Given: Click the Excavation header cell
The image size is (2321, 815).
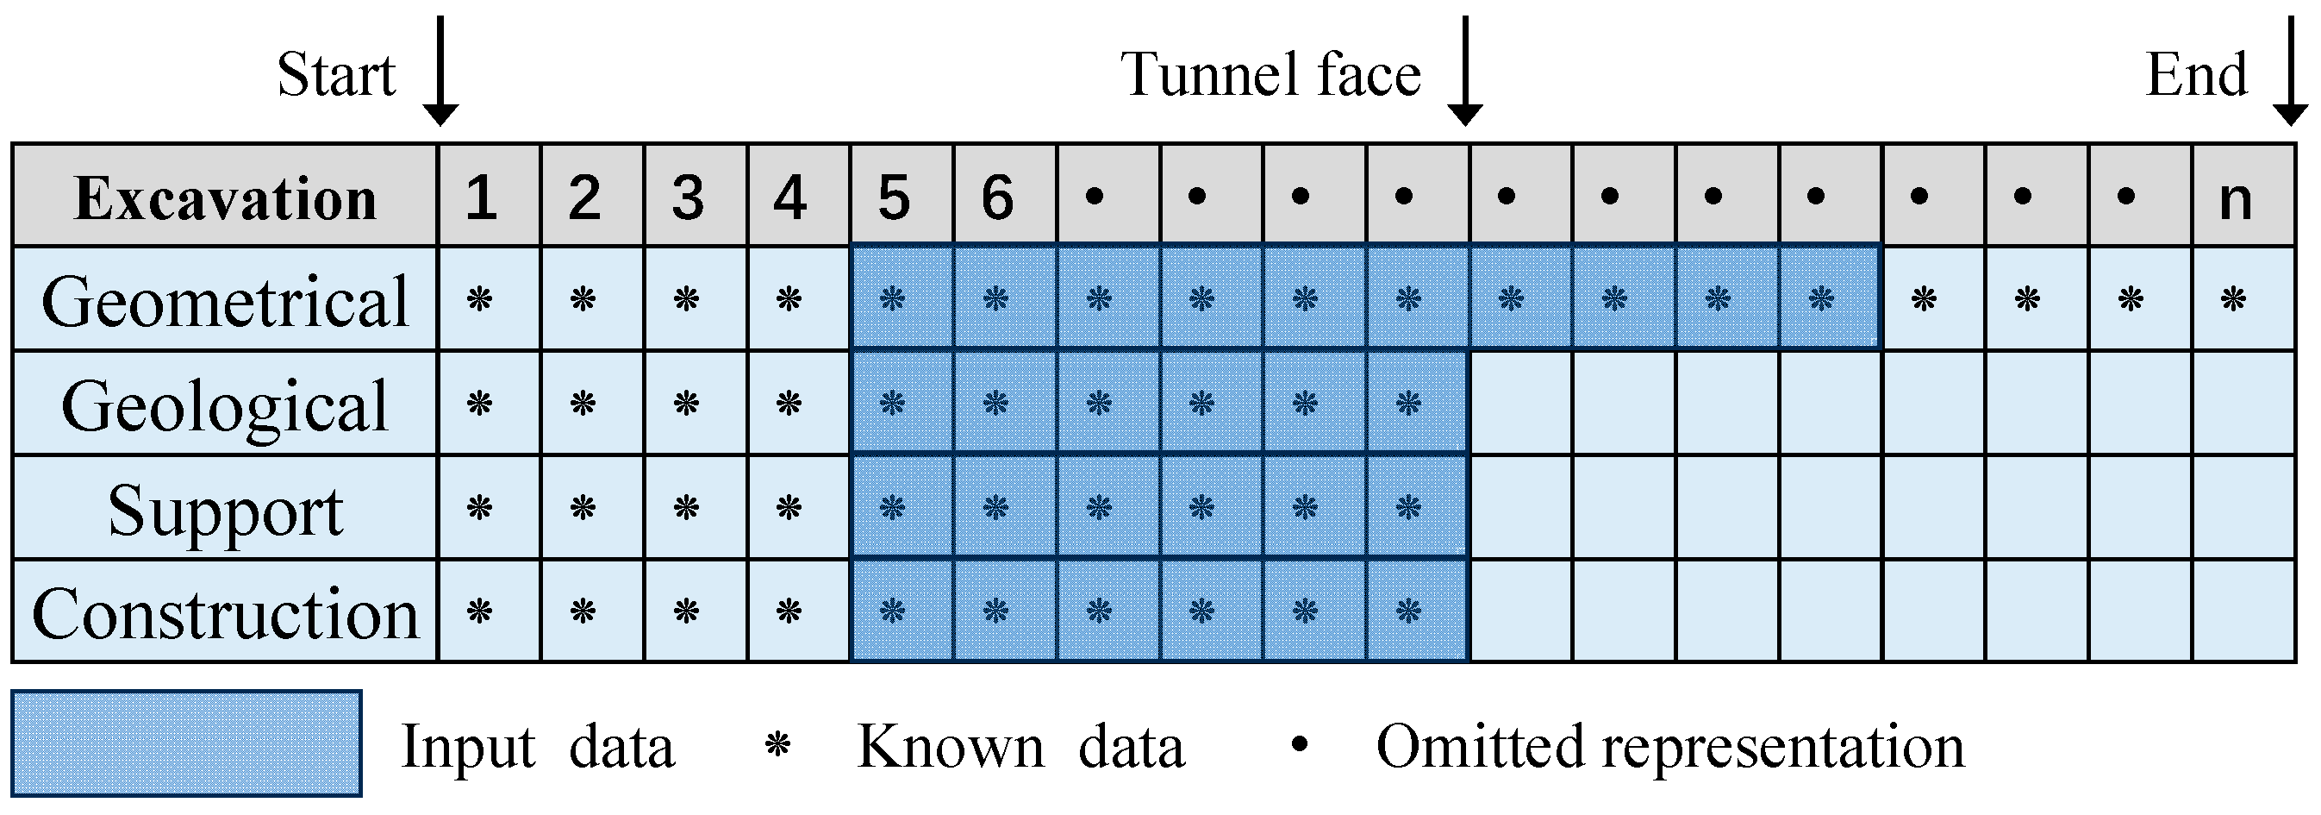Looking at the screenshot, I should pyautogui.click(x=225, y=197).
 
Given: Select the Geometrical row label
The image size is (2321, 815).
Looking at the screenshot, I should pyautogui.click(x=225, y=300).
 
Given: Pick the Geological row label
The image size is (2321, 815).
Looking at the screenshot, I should pyautogui.click(x=225, y=404).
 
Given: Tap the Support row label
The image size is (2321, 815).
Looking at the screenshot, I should pyautogui.click(x=225, y=509).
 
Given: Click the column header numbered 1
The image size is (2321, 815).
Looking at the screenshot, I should pyautogui.click(x=481, y=197).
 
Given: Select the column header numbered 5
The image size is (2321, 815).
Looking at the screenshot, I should pyautogui.click(x=894, y=197).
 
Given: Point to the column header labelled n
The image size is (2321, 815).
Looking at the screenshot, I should pyautogui.click(x=2236, y=197).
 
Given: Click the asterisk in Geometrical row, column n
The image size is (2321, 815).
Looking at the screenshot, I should pyautogui.click(x=2234, y=298).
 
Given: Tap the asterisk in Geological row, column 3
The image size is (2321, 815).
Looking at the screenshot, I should pyautogui.click(x=687, y=403).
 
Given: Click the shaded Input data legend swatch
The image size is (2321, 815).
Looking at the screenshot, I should pyautogui.click(x=186, y=743).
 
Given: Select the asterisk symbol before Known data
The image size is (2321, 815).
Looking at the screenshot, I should pyautogui.click(x=777, y=744).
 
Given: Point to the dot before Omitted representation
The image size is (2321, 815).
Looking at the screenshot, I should pyautogui.click(x=1299, y=743).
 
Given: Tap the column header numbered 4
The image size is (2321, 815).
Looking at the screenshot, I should pyautogui.click(x=790, y=197).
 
